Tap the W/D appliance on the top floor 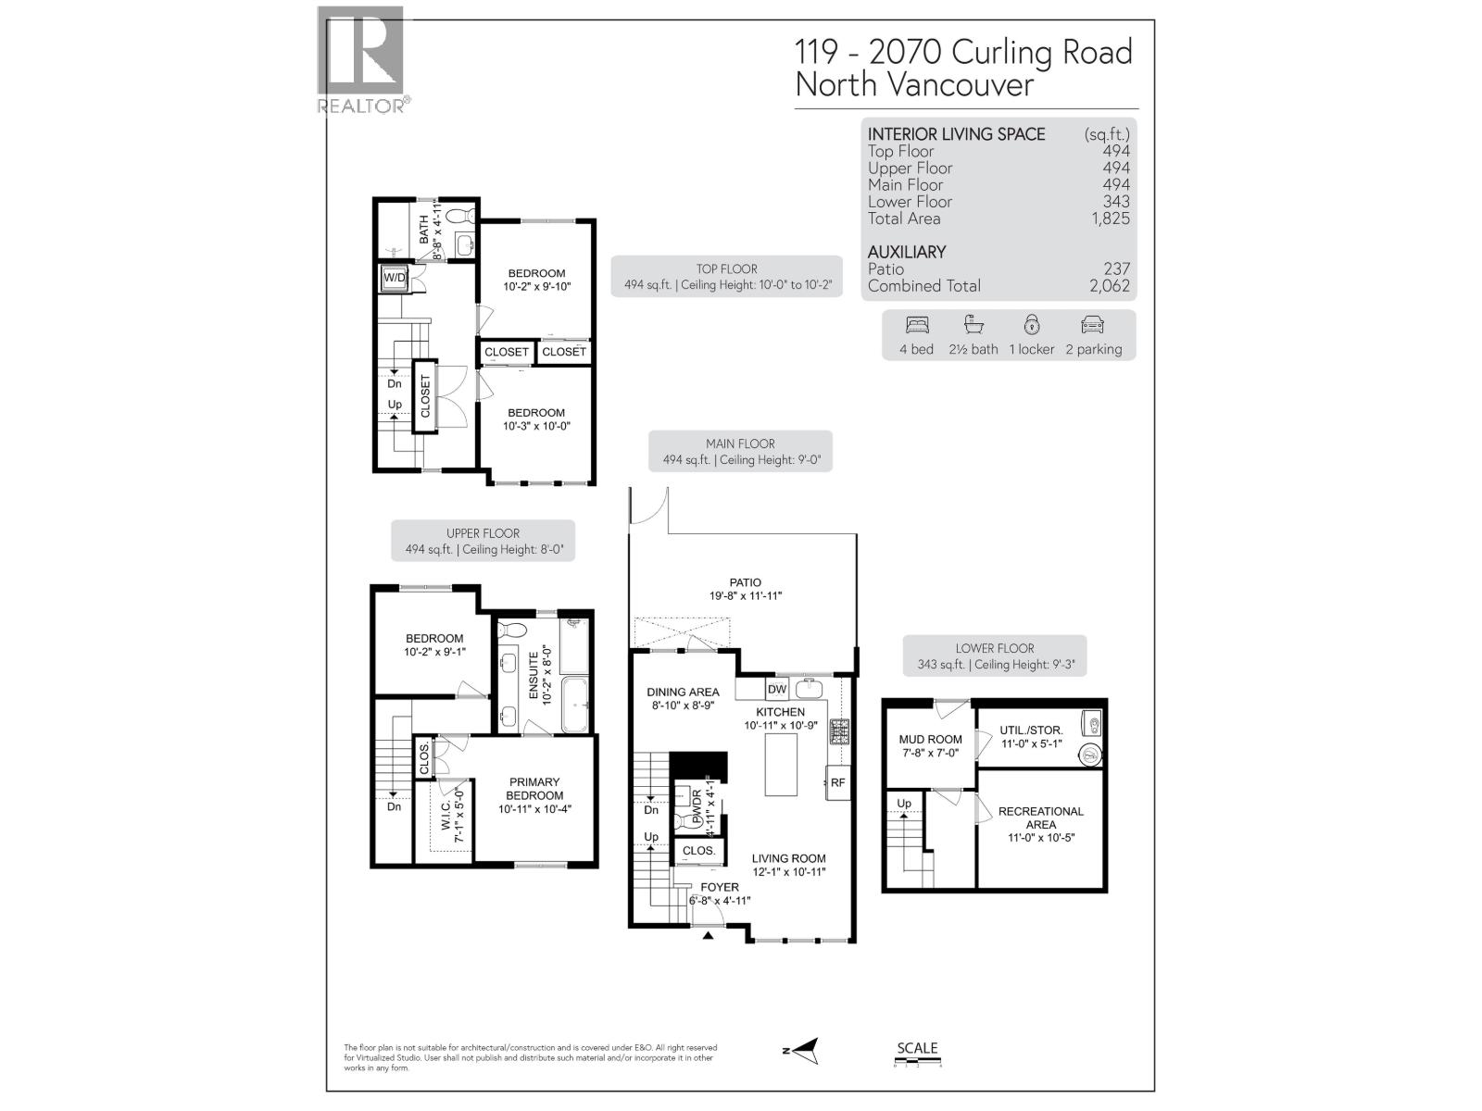tap(395, 277)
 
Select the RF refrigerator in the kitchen tap(837, 782)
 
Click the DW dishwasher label tap(776, 689)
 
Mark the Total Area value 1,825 tap(1110, 218)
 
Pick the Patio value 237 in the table tap(1116, 268)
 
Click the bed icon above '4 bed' tap(916, 325)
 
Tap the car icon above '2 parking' tap(1093, 325)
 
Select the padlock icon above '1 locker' tap(1032, 325)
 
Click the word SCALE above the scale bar tap(917, 1048)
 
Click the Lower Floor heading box tap(995, 655)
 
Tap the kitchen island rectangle tap(781, 762)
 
